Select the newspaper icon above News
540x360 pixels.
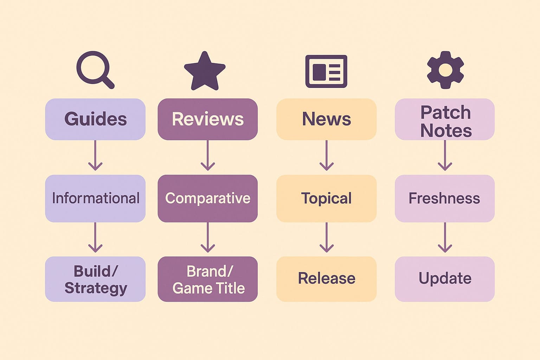326,71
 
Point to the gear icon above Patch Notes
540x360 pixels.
445,70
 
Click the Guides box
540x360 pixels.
95,119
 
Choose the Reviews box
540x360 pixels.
207,119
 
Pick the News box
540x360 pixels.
326,119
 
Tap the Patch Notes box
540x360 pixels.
445,119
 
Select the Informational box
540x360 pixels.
95,198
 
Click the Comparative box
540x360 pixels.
207,198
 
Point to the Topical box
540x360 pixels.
326,198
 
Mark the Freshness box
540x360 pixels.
445,198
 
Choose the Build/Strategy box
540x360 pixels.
95,279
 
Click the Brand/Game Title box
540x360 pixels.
207,279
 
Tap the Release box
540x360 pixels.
326,279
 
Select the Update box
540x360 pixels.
445,279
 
